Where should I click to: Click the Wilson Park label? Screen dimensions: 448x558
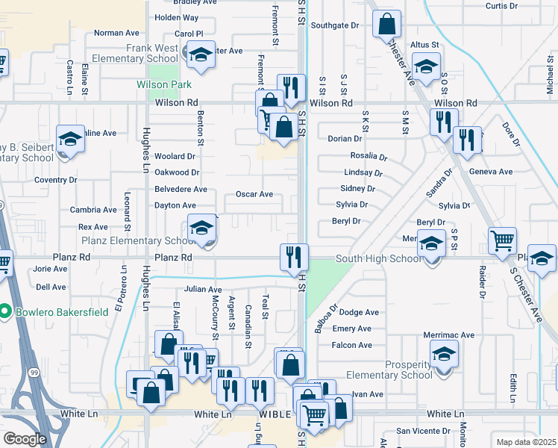[164, 84]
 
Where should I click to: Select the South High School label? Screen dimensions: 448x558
[378, 259]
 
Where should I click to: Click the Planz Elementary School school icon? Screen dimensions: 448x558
[201, 228]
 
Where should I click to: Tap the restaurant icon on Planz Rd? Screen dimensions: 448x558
[294, 257]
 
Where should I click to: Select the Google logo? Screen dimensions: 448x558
[25, 439]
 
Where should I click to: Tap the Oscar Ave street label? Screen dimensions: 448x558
[254, 194]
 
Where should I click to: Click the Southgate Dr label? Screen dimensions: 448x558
[335, 25]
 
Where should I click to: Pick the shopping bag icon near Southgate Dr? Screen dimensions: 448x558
[387, 24]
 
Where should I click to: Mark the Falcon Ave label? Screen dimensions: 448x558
[352, 345]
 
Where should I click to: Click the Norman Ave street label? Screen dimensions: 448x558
[117, 33]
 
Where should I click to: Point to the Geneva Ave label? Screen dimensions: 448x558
[491, 172]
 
